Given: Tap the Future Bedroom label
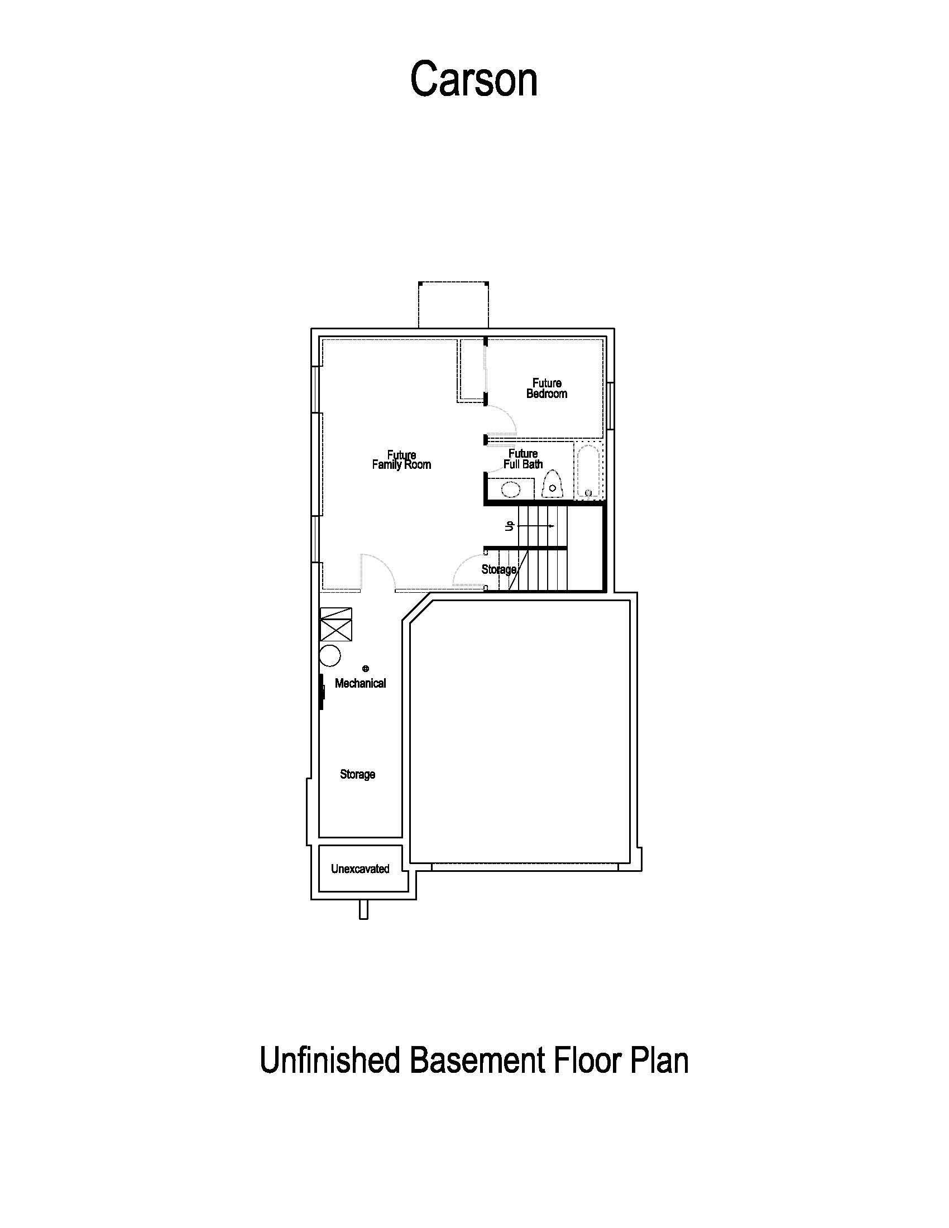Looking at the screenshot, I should click(x=547, y=388).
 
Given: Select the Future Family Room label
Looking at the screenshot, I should click(x=401, y=459).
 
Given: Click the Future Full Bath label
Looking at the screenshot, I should click(x=523, y=459).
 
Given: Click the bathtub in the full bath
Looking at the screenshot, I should click(x=588, y=471).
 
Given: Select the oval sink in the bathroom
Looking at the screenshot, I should click(x=511, y=489).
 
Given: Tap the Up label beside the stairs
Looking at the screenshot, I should click(x=510, y=526).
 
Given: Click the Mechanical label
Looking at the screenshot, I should click(x=361, y=683).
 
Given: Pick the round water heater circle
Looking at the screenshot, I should click(x=330, y=656).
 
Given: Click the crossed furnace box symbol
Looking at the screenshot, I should click(x=335, y=623).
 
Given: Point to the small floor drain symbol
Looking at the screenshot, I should click(x=366, y=669).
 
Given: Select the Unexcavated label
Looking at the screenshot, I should click(x=360, y=869).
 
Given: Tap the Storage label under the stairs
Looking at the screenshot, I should click(x=499, y=569).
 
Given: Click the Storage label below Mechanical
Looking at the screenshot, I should click(x=358, y=774).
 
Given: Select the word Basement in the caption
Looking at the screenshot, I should click(x=477, y=1061).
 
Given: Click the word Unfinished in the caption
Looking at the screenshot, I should click(x=330, y=1061).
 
